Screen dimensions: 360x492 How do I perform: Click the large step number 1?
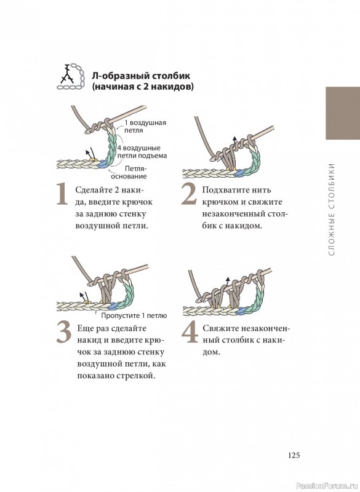(62, 194)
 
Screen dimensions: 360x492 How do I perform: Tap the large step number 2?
(189, 194)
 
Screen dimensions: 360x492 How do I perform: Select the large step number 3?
(64, 333)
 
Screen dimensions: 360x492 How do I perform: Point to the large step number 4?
(190, 333)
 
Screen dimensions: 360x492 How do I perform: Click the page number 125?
(294, 455)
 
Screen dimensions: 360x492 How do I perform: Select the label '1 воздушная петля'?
(145, 126)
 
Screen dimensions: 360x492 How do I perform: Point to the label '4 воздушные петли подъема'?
(143, 152)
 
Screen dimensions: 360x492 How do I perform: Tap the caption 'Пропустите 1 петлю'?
(134, 315)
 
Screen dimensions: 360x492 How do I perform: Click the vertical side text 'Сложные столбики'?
(332, 209)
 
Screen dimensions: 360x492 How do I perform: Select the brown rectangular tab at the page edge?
(343, 113)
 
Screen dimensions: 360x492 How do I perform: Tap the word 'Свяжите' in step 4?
(220, 328)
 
